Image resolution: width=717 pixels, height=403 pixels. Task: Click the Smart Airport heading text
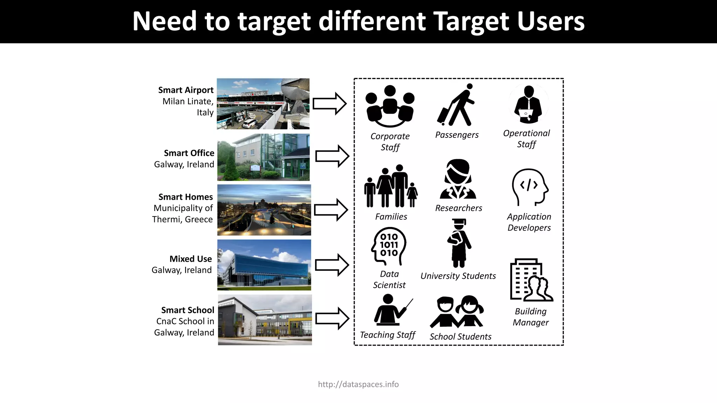[186, 90]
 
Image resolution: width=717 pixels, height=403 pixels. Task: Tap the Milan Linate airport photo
[263, 104]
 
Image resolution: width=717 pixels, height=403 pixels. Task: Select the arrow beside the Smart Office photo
[332, 156]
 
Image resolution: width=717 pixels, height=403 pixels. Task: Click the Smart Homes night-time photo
[264, 210]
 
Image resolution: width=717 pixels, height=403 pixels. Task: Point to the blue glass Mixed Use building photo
[264, 265]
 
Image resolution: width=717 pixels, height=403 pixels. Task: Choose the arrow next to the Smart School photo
[332, 318]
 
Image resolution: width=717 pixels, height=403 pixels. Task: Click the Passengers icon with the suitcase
[455, 105]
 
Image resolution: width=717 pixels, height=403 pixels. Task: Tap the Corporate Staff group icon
[390, 106]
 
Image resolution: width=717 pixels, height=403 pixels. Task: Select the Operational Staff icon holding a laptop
[528, 105]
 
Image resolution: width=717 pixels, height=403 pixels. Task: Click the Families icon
[391, 186]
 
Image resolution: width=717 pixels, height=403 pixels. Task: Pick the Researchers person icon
[458, 179]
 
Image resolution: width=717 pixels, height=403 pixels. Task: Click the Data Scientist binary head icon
[389, 246]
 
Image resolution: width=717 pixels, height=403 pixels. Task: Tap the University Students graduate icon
[459, 243]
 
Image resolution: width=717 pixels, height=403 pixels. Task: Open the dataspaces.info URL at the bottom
[358, 384]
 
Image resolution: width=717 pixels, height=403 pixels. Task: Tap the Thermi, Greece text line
[182, 219]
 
